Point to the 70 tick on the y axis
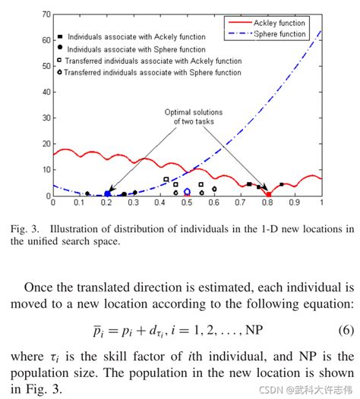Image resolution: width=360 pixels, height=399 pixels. (x=46, y=14)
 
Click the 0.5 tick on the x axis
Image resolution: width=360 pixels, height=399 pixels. (x=187, y=203)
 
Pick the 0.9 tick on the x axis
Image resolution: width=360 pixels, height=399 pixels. (x=295, y=203)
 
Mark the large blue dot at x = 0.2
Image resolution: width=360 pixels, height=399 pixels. (x=107, y=193)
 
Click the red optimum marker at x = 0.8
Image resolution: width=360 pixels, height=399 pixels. (x=268, y=195)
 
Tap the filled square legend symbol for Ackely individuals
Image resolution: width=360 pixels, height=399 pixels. (x=59, y=36)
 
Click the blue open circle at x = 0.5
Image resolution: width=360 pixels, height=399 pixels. (x=187, y=192)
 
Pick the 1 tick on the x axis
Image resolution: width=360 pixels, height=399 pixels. (x=322, y=203)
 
